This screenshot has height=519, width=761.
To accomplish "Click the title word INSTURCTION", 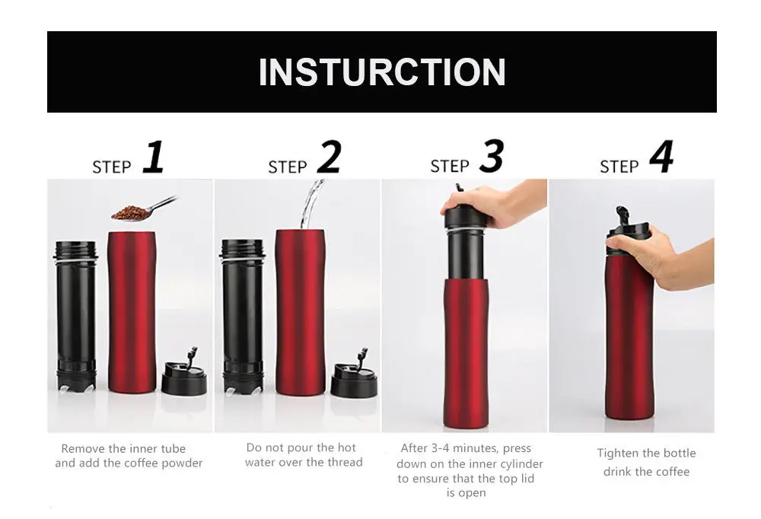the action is coord(382,72).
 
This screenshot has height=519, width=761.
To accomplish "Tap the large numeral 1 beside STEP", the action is coord(154,157).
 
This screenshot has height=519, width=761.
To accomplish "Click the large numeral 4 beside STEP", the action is coord(661,157).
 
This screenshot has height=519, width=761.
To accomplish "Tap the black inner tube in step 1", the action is coord(76,316).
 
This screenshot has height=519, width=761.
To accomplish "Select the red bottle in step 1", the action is coord(132,312).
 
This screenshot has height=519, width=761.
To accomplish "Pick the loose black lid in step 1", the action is coord(184,374).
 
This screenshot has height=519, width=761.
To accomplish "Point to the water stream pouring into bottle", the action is coord(310,204).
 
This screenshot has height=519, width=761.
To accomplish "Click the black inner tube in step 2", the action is coord(242,316).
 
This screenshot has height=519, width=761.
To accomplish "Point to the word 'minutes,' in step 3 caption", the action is coord(476,448).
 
